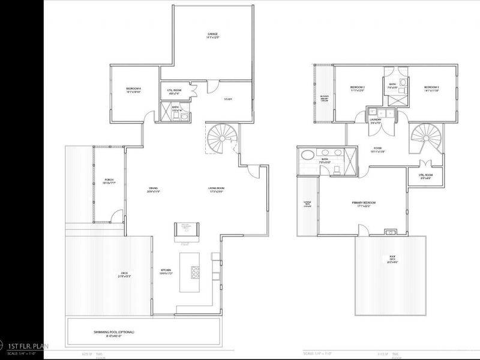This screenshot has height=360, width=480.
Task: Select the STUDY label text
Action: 228,99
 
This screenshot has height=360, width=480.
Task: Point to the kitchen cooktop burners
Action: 196,271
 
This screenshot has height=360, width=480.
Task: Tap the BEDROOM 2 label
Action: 358,89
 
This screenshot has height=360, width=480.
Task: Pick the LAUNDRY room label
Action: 375,120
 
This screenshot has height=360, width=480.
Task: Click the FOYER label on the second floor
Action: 377,149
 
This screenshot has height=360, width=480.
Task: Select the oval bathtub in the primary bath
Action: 307,155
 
